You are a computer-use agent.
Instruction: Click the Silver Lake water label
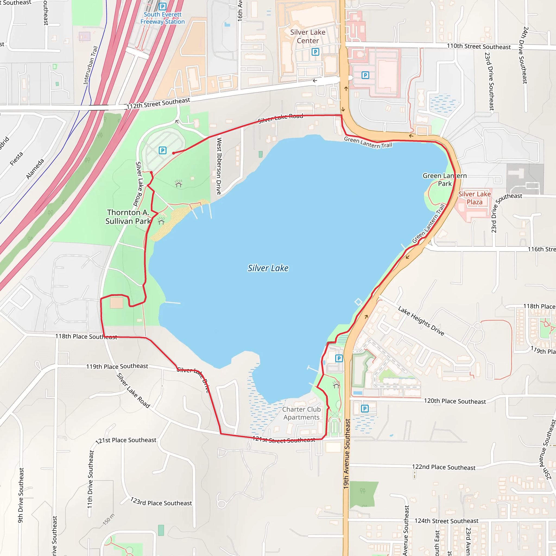[268, 268]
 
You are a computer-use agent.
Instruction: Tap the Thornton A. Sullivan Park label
[128, 217]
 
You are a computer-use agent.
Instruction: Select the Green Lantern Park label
[445, 179]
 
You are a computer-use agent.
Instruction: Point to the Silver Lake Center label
[308, 37]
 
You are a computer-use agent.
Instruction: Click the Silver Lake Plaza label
[474, 198]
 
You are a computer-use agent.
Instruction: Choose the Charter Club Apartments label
[301, 413]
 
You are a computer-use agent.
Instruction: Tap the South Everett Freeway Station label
[163, 18]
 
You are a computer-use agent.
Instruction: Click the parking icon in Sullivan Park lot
[163, 150]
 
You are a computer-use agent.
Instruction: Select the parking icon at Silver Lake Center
[315, 52]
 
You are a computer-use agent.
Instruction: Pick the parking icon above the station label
[163, 6]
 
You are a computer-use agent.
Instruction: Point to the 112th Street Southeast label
[158, 104]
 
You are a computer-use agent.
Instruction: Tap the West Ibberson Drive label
[219, 166]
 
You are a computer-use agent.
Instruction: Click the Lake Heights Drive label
[421, 321]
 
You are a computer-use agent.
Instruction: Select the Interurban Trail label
[91, 65]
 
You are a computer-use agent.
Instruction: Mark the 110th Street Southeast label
[479, 47]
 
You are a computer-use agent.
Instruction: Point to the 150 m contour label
[109, 519]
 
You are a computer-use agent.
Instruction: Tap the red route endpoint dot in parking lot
[173, 153]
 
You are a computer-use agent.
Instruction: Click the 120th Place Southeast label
[455, 401]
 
